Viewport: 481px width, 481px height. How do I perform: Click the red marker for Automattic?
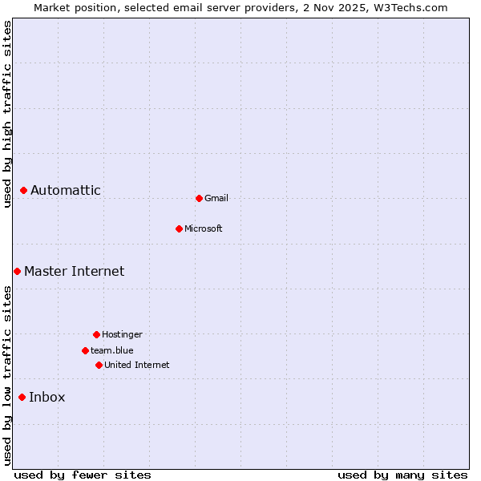click(x=24, y=191)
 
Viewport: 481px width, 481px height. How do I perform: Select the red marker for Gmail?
click(x=199, y=198)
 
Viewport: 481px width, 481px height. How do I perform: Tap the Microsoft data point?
click(x=180, y=228)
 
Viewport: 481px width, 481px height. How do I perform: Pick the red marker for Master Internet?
click(x=17, y=272)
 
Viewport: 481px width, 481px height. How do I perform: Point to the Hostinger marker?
click(x=96, y=334)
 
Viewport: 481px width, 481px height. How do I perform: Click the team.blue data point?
click(x=85, y=350)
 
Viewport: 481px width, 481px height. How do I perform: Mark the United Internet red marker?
click(x=99, y=365)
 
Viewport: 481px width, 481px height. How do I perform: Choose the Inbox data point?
click(x=22, y=398)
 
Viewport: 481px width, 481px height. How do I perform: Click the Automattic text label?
click(x=66, y=191)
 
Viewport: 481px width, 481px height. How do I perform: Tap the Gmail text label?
click(x=216, y=199)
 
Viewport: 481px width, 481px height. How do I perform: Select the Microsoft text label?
click(x=204, y=229)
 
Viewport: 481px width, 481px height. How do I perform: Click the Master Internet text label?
click(x=75, y=272)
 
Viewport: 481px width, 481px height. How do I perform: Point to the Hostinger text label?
click(x=122, y=335)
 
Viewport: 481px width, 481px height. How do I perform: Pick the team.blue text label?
click(x=112, y=351)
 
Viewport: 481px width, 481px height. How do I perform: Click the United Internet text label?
click(x=137, y=366)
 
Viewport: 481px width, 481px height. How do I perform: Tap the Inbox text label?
click(x=47, y=398)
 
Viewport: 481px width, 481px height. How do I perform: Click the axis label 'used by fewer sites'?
click(x=83, y=475)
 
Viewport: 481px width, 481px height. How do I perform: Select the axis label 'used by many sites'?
click(x=402, y=475)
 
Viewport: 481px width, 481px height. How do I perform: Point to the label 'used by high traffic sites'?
click(x=7, y=114)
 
